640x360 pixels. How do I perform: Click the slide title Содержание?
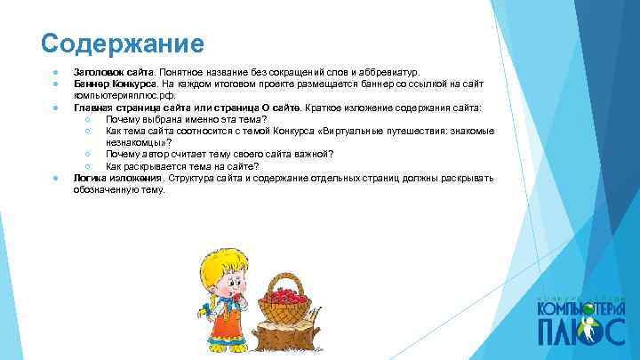[x=123, y=43]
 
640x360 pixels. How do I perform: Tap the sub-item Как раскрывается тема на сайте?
[x=182, y=166]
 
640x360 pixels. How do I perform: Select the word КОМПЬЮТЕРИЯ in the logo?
[x=581, y=307]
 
